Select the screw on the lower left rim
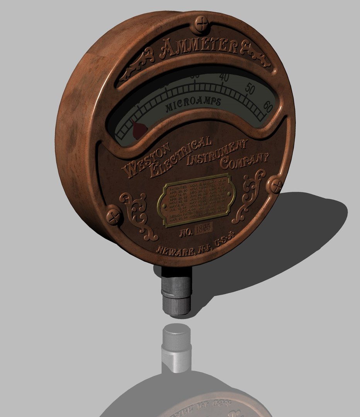(114, 216)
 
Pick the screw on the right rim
(276, 185)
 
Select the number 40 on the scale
(223, 78)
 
